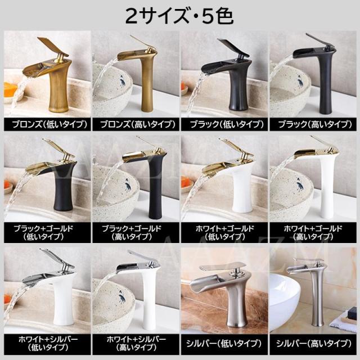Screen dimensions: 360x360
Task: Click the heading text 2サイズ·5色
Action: click(179, 16)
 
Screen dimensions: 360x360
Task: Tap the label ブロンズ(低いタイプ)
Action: click(49, 124)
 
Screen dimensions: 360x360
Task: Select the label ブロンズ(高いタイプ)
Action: click(138, 124)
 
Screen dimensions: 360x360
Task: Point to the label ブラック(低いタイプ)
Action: click(227, 124)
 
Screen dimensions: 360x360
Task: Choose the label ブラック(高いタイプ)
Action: click(315, 124)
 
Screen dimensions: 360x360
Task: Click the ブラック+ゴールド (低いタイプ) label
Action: click(44, 233)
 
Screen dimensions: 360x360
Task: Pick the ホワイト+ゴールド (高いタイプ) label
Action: click(313, 233)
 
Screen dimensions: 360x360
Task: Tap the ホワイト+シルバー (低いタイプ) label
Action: click(48, 343)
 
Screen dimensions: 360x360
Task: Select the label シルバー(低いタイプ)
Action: click(224, 344)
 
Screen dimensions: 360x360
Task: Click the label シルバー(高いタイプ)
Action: click(314, 344)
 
